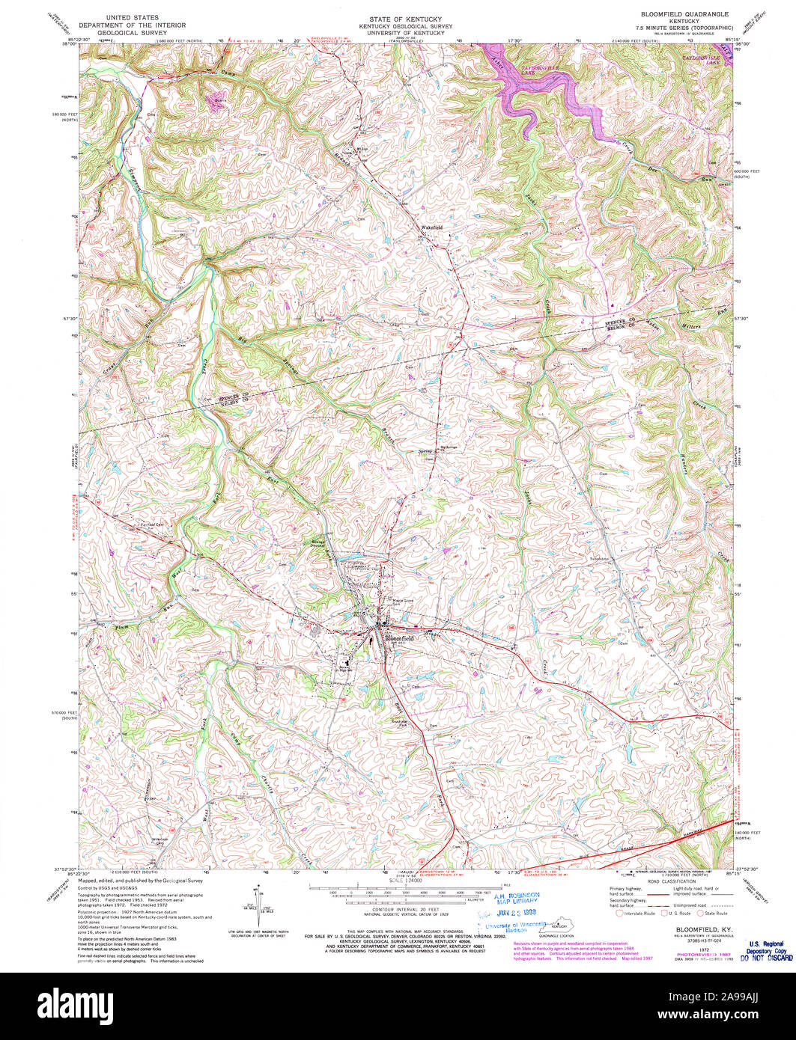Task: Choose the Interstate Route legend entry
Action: (636, 914)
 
